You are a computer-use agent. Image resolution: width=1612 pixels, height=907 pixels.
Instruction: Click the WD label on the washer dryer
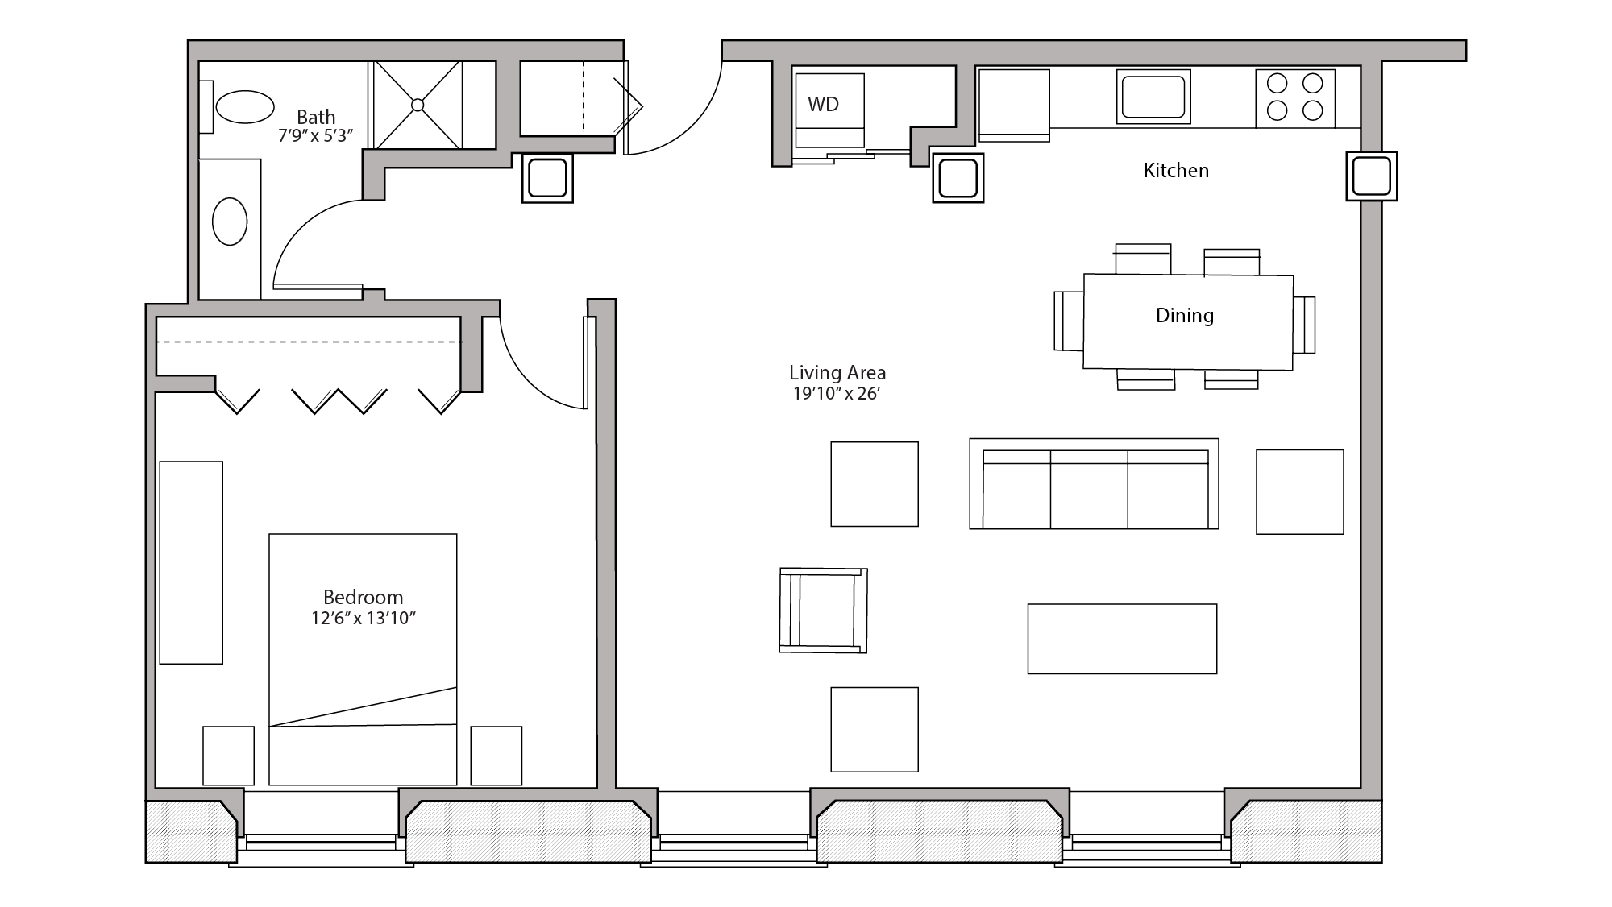pyautogui.click(x=823, y=104)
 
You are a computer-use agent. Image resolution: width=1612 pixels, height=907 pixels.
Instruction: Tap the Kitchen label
pyautogui.click(x=1176, y=170)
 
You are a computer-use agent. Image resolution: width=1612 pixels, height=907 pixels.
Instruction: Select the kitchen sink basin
pyautogui.click(x=1153, y=97)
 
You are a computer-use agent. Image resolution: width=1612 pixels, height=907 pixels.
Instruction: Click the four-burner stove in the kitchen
pyautogui.click(x=1294, y=97)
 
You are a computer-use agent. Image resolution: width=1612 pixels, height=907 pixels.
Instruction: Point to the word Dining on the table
pyautogui.click(x=1184, y=315)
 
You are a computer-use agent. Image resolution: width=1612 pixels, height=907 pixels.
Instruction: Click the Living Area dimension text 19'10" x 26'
pyautogui.click(x=836, y=394)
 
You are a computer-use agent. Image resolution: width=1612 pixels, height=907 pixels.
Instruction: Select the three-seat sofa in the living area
pyautogui.click(x=1094, y=488)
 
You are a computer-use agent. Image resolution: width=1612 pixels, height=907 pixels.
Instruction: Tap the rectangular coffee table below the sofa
pyautogui.click(x=1122, y=639)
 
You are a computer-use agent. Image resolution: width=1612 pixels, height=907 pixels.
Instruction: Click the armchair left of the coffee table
pyautogui.click(x=823, y=610)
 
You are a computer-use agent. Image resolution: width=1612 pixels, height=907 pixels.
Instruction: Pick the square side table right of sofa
pyautogui.click(x=1299, y=491)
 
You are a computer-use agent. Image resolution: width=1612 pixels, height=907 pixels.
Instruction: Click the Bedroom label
pyautogui.click(x=363, y=597)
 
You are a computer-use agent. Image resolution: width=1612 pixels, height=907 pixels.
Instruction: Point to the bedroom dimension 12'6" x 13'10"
pyautogui.click(x=363, y=619)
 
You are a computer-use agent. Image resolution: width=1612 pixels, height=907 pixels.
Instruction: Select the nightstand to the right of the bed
pyautogui.click(x=496, y=755)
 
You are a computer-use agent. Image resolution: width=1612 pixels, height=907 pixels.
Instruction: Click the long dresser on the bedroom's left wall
pyautogui.click(x=191, y=562)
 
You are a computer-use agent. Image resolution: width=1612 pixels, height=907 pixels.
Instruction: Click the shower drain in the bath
pyautogui.click(x=418, y=105)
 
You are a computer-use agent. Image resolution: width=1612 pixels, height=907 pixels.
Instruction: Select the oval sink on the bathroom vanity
pyautogui.click(x=230, y=222)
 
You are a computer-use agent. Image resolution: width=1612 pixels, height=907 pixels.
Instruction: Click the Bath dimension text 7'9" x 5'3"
pyautogui.click(x=315, y=136)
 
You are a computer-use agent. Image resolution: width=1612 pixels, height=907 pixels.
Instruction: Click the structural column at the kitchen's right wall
pyautogui.click(x=1371, y=176)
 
